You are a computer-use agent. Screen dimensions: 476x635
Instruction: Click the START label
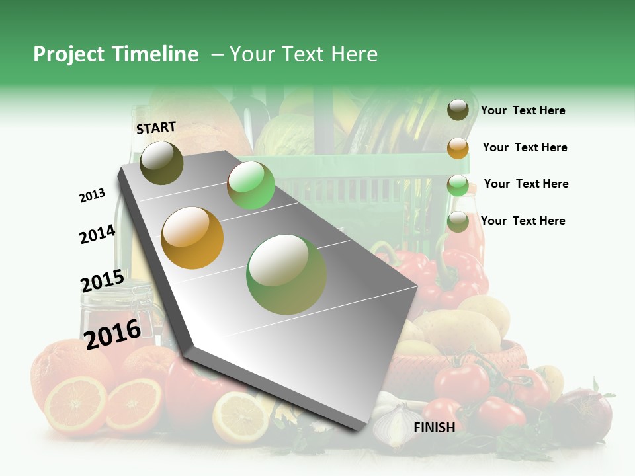(156, 128)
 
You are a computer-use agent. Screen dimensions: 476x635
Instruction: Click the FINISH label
(434, 428)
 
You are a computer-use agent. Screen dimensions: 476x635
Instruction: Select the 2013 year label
(92, 196)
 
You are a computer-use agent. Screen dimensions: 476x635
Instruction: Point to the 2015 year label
(102, 281)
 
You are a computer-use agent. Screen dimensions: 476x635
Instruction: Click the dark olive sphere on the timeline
(161, 163)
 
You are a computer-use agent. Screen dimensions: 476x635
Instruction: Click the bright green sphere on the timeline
(251, 185)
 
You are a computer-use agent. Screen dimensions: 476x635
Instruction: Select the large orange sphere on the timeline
(192, 237)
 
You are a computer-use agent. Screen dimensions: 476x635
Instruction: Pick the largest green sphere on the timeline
(286, 274)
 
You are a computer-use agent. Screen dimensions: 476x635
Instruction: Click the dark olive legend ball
(458, 110)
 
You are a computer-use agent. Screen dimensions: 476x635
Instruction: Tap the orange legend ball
(458, 148)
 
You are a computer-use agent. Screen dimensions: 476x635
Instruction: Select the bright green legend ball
(458, 186)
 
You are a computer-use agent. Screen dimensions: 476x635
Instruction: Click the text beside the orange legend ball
(525, 147)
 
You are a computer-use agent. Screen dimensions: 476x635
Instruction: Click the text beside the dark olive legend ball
(523, 110)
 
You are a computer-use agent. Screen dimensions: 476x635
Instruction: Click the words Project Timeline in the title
(116, 54)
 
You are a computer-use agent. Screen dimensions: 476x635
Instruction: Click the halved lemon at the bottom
(240, 416)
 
